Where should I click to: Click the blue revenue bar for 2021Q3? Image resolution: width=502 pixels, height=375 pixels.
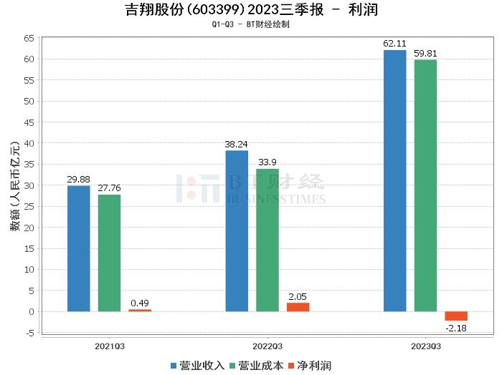[x=79, y=248]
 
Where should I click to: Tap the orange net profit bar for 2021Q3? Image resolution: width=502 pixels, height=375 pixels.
[x=140, y=311]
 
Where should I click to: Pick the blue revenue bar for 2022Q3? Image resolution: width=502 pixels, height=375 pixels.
[x=237, y=230]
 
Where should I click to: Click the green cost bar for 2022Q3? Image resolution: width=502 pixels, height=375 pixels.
[x=267, y=240]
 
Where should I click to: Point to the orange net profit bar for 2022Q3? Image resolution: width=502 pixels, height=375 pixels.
[x=298, y=307]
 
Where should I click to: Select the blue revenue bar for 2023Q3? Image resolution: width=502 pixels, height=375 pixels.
[x=394, y=180]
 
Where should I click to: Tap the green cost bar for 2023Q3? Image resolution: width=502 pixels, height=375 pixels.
[x=425, y=185]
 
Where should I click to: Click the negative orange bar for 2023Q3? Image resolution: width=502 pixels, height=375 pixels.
[x=456, y=316]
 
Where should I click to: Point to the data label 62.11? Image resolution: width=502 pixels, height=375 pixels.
[x=394, y=44]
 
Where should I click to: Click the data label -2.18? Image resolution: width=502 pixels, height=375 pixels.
[x=456, y=327]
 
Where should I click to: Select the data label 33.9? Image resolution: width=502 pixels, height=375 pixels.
[x=267, y=162]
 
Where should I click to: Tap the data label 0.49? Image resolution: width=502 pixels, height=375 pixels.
[x=140, y=303]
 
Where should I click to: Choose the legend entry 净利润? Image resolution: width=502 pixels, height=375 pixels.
[x=309, y=366]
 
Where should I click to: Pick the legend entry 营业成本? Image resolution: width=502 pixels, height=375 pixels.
[x=256, y=366]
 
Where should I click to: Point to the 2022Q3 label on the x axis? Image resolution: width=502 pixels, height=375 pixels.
[x=267, y=345]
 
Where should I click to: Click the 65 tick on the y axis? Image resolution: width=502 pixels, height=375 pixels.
[x=29, y=37]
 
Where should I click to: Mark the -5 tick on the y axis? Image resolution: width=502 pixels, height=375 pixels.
[x=29, y=333]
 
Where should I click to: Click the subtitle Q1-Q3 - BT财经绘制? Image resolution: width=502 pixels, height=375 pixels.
[x=250, y=24]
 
